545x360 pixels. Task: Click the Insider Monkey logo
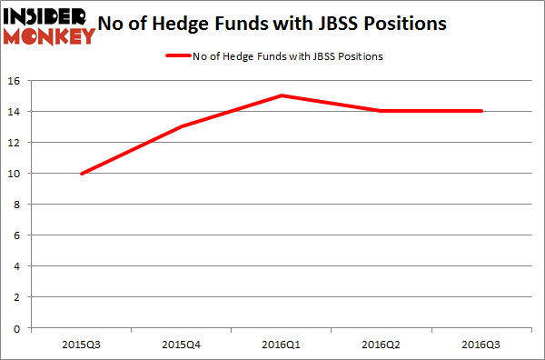(x=49, y=25)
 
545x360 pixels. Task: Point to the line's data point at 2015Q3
(x=82, y=173)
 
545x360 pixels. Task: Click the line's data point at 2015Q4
(x=183, y=126)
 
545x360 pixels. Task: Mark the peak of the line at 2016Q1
(x=282, y=95)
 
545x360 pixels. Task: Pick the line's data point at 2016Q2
(x=381, y=111)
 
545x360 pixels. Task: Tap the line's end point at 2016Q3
(x=481, y=111)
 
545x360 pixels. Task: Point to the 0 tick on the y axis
(x=21, y=327)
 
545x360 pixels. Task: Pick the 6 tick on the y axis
(x=21, y=235)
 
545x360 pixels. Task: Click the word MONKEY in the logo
(x=49, y=36)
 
